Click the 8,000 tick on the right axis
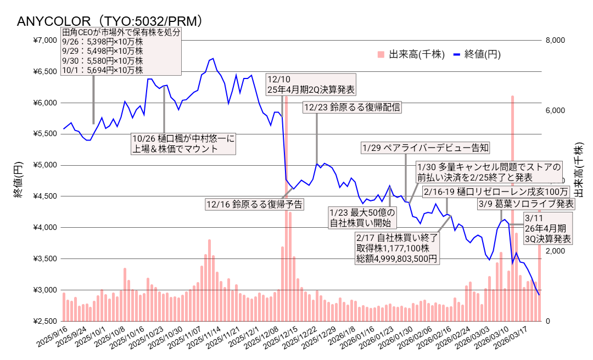(x=557, y=40)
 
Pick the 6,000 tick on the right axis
(x=557, y=110)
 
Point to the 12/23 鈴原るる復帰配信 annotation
(x=352, y=108)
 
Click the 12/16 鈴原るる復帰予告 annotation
(x=254, y=204)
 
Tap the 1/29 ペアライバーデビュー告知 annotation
(x=425, y=148)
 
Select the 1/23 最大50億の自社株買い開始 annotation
(x=362, y=217)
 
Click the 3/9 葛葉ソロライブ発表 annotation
(x=526, y=204)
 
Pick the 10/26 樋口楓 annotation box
(x=183, y=144)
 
